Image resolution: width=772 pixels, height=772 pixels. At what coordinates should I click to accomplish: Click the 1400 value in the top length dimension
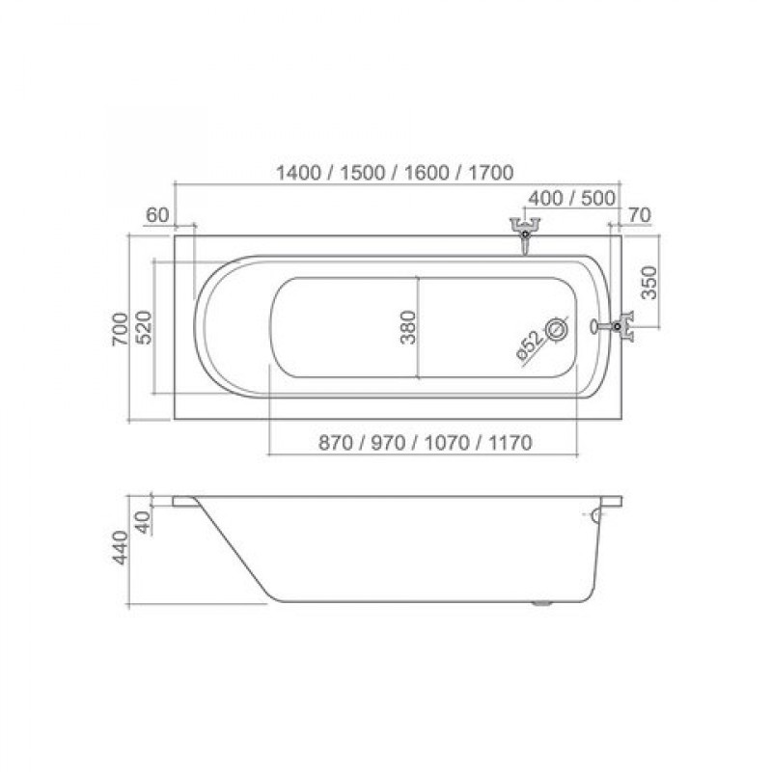click(x=299, y=173)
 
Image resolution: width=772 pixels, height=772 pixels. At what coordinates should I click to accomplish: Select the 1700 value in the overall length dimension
click(x=491, y=173)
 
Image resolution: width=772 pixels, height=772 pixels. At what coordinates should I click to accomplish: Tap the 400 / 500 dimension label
click(x=571, y=199)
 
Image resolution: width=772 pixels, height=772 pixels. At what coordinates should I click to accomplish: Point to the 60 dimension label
click(x=157, y=215)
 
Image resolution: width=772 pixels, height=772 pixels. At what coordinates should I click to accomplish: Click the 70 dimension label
click(x=640, y=215)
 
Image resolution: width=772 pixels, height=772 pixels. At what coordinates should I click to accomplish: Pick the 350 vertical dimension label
click(x=649, y=283)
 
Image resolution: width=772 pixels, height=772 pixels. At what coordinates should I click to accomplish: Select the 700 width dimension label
click(x=120, y=328)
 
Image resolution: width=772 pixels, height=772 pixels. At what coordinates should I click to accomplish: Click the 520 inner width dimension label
click(x=143, y=327)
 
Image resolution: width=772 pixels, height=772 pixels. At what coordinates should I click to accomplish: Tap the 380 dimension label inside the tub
click(x=408, y=327)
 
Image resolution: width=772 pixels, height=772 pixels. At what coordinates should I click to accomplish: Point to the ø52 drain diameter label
click(x=530, y=345)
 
